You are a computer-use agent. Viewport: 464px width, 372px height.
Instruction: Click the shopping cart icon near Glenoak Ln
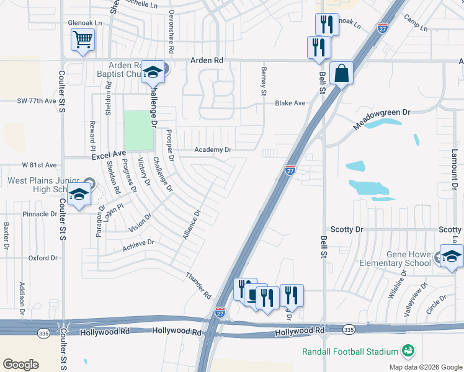[x=83, y=40]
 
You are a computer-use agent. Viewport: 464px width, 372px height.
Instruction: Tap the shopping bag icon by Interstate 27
[x=341, y=74]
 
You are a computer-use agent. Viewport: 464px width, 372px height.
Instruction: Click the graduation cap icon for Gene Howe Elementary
[x=452, y=257]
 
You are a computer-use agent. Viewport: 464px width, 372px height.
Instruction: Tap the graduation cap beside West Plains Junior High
[x=79, y=196]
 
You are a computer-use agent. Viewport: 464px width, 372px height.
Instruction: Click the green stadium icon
[x=408, y=352]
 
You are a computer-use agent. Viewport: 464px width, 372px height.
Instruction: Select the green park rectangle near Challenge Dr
[x=138, y=130]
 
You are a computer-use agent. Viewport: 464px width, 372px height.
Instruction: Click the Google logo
[x=21, y=364]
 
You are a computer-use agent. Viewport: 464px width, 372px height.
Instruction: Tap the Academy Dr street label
[x=213, y=150]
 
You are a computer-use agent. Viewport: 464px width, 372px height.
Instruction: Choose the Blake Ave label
[x=290, y=103]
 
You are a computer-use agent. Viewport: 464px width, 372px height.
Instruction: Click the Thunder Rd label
[x=199, y=286]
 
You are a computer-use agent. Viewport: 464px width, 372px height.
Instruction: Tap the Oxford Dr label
[x=43, y=258]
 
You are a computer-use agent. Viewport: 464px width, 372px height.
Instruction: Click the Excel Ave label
[x=109, y=153]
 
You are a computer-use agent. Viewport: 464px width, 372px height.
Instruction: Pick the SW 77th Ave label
[x=37, y=100]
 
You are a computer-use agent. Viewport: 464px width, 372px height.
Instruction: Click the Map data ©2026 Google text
[x=425, y=367]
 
